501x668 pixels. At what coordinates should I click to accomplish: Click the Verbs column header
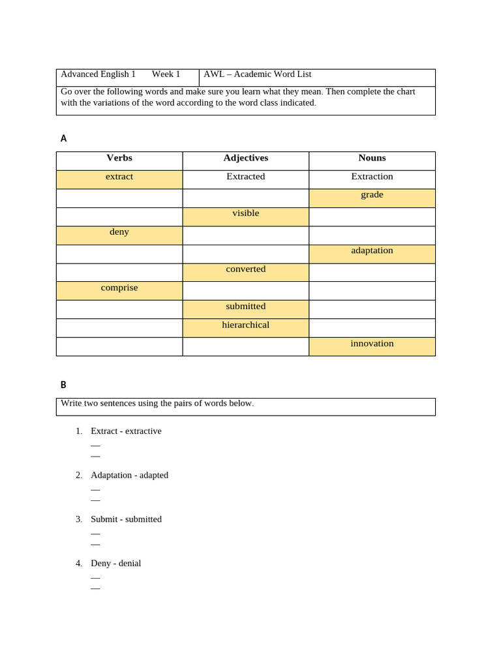pos(119,158)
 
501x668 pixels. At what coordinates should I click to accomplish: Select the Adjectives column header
pos(245,158)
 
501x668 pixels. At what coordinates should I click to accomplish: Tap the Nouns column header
pos(372,158)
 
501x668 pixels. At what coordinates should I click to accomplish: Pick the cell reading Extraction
pos(372,177)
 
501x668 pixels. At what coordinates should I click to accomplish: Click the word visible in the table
pos(245,213)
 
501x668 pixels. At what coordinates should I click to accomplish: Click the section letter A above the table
pos(63,138)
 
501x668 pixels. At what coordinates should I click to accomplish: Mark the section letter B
pos(63,385)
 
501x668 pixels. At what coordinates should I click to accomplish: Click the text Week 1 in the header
pos(166,74)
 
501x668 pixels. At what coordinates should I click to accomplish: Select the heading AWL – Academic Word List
pos(257,74)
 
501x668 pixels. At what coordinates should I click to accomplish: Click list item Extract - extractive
pos(126,431)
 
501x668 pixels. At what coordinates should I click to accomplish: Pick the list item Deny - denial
pos(115,564)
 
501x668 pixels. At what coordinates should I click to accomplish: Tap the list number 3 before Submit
pos(78,519)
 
